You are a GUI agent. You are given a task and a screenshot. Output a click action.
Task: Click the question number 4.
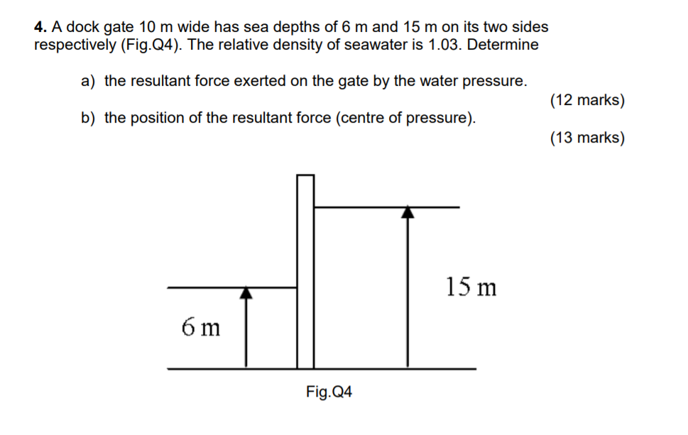click(40, 28)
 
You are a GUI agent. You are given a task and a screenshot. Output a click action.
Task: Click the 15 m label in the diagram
click(471, 287)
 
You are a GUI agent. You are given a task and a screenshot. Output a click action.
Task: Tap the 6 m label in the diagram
click(201, 327)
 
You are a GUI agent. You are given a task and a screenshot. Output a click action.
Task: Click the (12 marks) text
click(587, 100)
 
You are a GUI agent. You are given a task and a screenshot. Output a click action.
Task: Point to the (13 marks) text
click(587, 138)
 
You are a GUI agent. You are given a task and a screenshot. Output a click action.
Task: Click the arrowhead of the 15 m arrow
click(407, 212)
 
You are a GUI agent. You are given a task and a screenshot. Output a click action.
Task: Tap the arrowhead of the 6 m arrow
click(246, 292)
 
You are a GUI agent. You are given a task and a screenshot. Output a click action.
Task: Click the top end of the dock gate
click(305, 176)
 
